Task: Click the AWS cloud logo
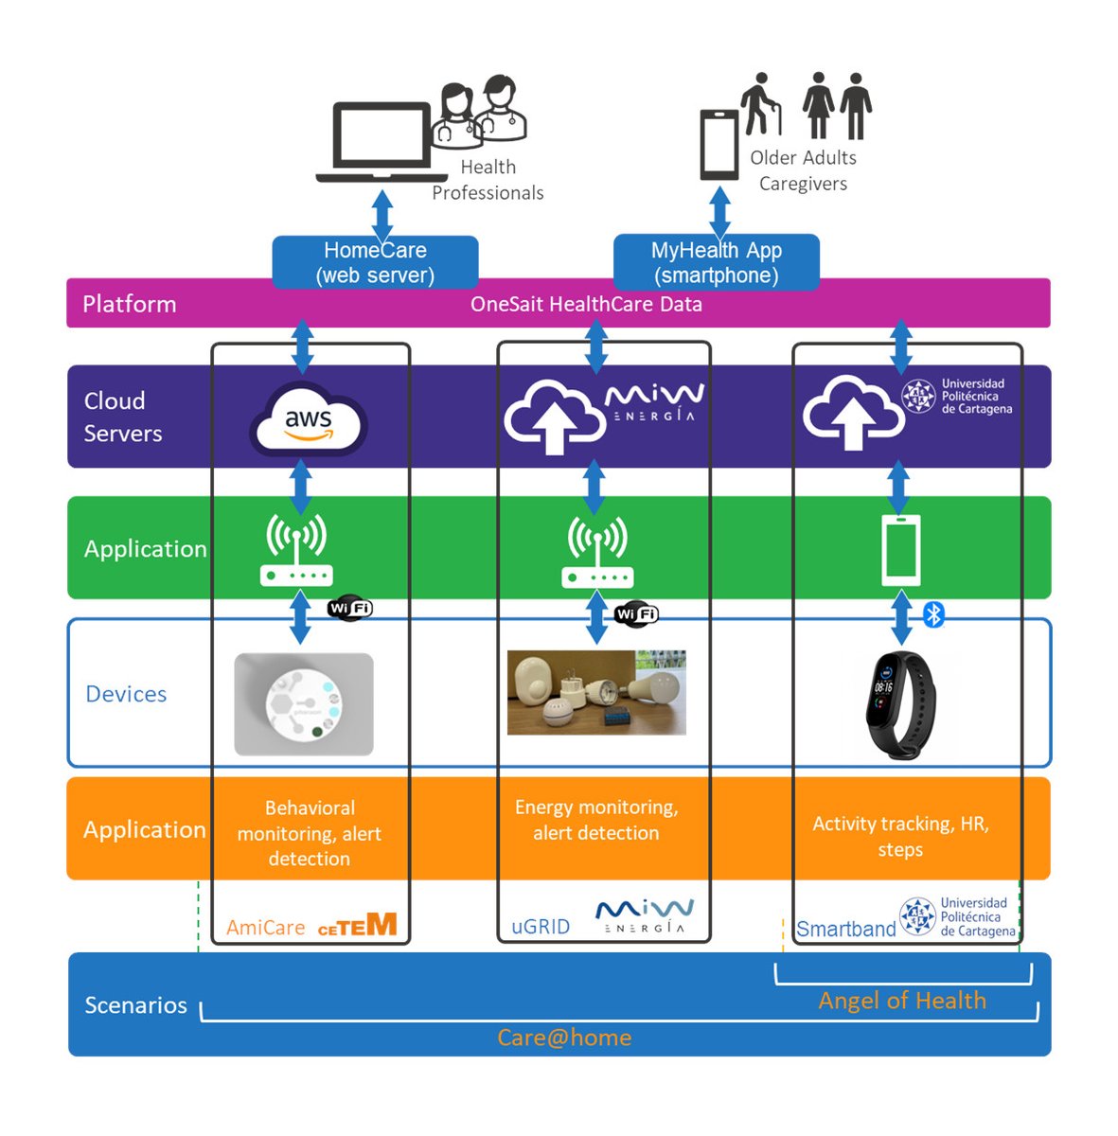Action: click(x=309, y=420)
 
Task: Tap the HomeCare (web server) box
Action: click(x=375, y=262)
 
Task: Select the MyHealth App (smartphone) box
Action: click(x=717, y=262)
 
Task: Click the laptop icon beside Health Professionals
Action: click(x=382, y=142)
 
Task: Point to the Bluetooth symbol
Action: click(x=934, y=614)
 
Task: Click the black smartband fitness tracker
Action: click(x=898, y=702)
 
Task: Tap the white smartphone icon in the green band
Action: click(x=900, y=549)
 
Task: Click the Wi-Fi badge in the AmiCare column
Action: click(x=350, y=608)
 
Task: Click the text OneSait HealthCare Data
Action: click(x=586, y=304)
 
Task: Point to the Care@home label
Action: click(x=564, y=1038)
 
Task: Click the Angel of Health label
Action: click(x=901, y=1001)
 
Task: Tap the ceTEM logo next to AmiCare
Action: click(x=357, y=926)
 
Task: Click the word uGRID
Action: click(x=541, y=927)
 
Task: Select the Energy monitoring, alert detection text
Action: click(x=596, y=820)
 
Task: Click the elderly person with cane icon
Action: click(x=762, y=104)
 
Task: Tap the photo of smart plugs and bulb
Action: click(x=596, y=692)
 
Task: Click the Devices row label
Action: click(x=126, y=694)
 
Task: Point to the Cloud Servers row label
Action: click(x=123, y=417)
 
